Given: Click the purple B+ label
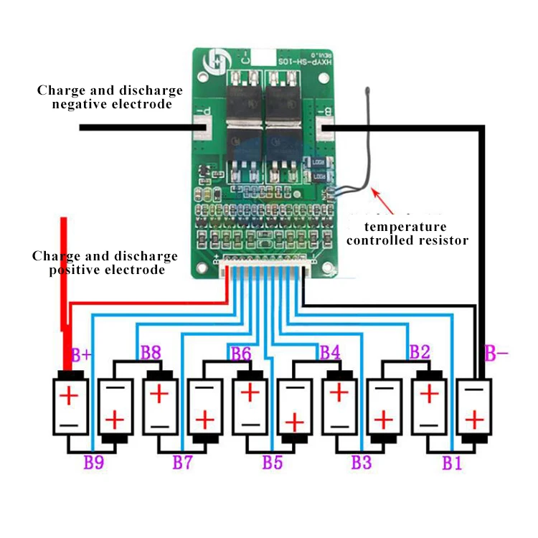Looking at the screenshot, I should [x=81, y=354].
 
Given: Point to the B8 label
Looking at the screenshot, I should [x=151, y=352].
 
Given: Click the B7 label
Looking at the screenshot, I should [x=182, y=462].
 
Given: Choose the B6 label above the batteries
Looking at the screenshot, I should [x=241, y=352].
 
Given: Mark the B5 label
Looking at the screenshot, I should [x=272, y=462].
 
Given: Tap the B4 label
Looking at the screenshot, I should [x=330, y=352].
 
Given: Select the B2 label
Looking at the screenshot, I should [x=419, y=352].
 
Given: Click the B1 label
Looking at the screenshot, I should [x=451, y=462].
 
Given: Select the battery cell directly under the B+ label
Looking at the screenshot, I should [x=70, y=405].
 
